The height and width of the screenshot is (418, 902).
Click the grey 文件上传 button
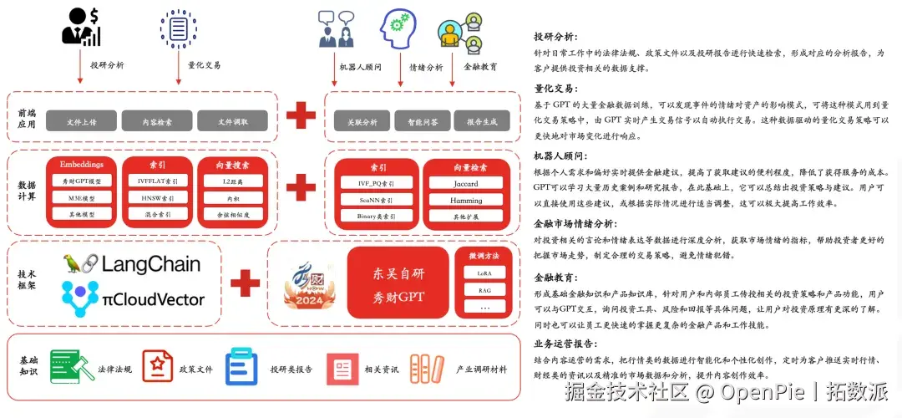81,122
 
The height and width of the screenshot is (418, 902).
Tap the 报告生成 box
482,122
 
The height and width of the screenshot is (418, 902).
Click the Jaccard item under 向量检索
466,184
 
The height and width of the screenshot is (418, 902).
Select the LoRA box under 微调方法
484,273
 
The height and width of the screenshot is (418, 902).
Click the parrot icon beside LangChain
80,265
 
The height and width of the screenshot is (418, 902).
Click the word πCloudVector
154,298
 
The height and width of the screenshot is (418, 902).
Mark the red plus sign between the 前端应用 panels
301,115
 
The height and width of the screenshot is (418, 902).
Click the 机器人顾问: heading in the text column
561,156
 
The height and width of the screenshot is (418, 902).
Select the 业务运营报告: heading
566,344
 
